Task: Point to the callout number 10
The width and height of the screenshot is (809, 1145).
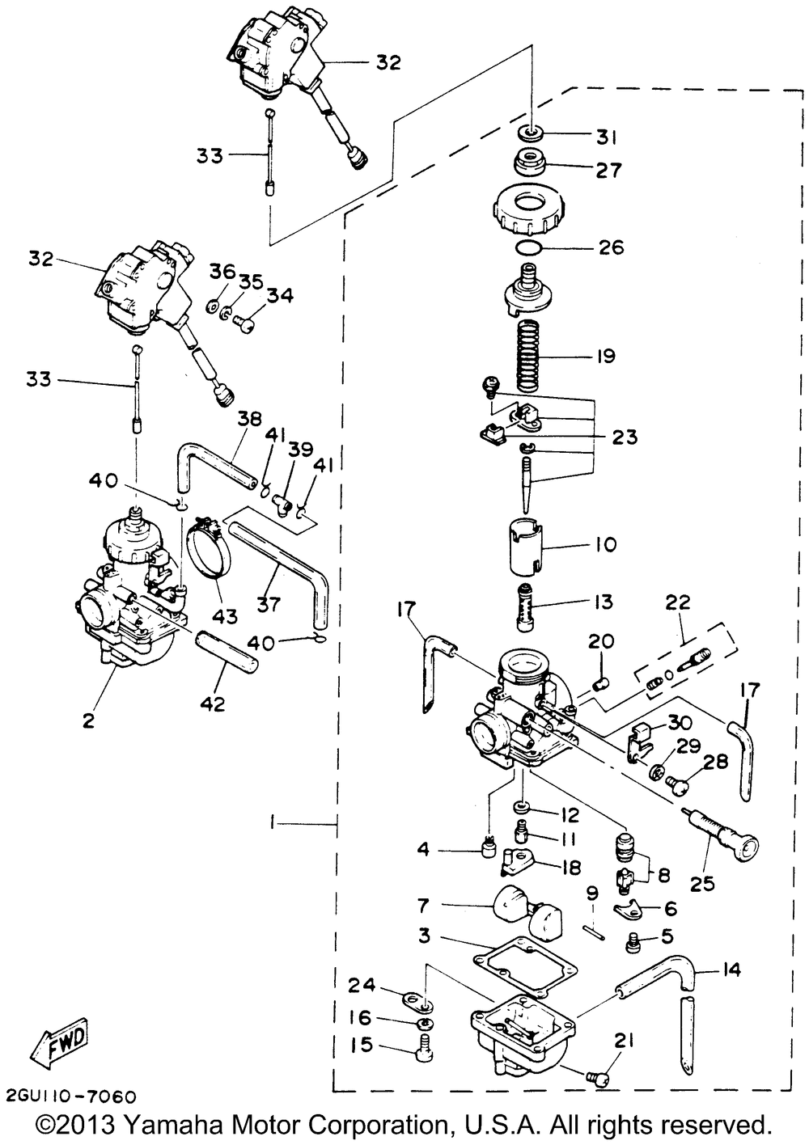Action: click(606, 544)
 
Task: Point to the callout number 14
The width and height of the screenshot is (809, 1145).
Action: click(731, 970)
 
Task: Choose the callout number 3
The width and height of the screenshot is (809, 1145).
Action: click(424, 936)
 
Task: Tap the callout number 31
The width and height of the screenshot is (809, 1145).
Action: click(607, 138)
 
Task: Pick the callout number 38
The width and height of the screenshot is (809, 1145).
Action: click(250, 419)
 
